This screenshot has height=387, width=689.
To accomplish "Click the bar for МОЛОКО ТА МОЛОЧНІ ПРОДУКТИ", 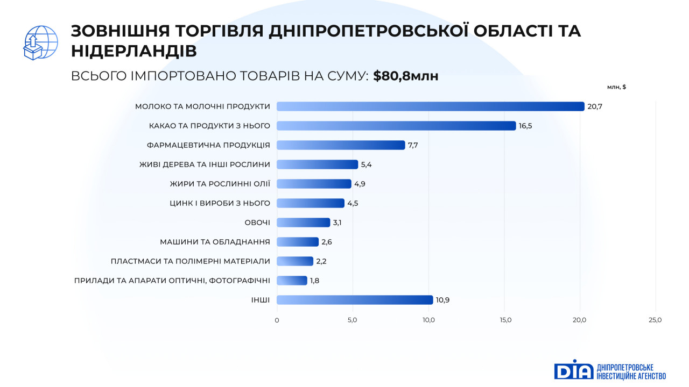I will coord(430,106).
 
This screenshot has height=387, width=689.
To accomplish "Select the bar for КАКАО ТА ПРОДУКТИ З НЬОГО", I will coord(396,126).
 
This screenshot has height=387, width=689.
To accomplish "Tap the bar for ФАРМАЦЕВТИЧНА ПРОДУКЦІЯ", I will coord(341,145).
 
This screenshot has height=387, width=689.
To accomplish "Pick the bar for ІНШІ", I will coord(355,300).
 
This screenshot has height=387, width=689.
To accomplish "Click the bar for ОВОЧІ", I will coord(303,223).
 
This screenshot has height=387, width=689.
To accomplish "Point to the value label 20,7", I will coord(595,106).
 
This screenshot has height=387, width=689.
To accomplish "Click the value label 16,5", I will coord(526,126).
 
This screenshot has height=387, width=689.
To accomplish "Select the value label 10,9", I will coord(443,300).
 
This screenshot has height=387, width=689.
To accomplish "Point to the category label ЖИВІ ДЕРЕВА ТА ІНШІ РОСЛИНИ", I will coord(205,164).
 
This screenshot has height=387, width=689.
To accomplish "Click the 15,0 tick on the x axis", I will coord(505,320).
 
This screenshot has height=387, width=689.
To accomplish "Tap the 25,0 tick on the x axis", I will coord(655,320).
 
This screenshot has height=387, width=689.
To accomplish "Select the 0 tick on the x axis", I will coord(277,320).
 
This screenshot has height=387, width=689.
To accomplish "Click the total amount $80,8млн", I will coord(406,76).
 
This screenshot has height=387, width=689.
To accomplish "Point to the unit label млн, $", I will coord(616,87).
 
